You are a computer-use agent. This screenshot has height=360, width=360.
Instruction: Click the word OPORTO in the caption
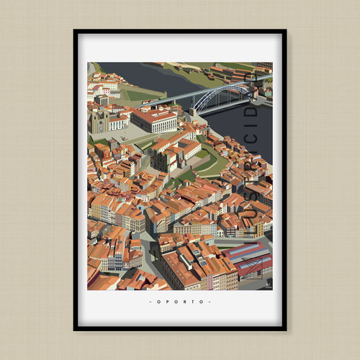coord(180,302)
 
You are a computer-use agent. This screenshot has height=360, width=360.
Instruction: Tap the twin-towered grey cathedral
coord(100,122)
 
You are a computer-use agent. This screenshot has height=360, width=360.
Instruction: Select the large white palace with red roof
coord(156,119)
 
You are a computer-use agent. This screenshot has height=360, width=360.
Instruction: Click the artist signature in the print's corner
coord(265,285)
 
